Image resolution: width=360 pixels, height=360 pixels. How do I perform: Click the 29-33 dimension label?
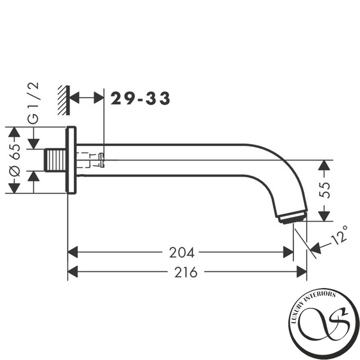click(x=140, y=98)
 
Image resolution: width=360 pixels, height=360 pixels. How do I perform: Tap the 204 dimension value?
click(x=182, y=253)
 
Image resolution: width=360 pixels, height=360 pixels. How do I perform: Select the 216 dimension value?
click(x=186, y=272)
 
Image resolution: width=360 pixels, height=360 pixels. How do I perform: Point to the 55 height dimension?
click(x=325, y=190)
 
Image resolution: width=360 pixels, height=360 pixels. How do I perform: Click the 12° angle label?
click(x=339, y=236)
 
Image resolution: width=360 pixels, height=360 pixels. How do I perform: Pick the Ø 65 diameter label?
click(x=14, y=160)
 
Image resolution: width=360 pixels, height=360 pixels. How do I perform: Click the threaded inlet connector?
click(x=55, y=160)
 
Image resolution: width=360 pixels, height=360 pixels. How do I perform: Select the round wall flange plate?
click(x=71, y=160)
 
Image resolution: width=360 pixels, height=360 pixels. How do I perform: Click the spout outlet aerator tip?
click(x=292, y=217)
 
